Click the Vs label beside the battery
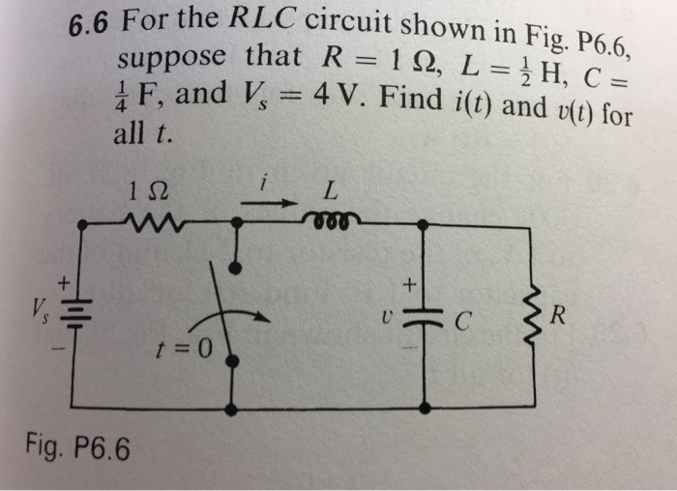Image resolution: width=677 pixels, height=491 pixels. click(42, 311)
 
